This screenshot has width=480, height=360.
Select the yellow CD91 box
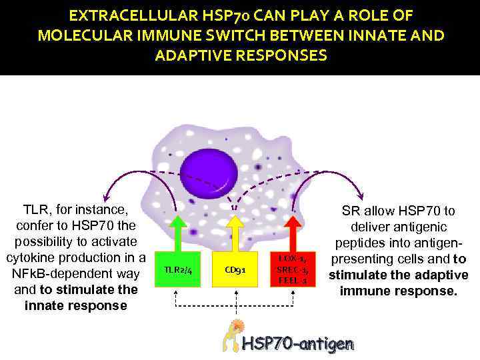235,269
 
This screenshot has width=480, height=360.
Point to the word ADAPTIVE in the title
195,55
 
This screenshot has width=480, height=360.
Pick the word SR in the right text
351,211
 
